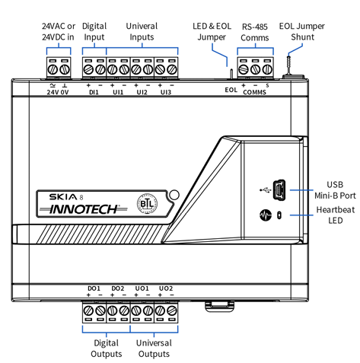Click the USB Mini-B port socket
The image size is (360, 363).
(279, 189)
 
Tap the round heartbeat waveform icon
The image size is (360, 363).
(266, 215)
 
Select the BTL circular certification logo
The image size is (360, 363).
(147, 204)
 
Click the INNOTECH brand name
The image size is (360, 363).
(84, 209)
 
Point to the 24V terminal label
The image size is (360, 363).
(53, 92)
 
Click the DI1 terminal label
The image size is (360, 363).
(94, 92)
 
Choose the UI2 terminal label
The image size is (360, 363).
(142, 92)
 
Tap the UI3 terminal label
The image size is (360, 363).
(166, 92)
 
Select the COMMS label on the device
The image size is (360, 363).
(254, 92)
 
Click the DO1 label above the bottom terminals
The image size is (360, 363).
(94, 288)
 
